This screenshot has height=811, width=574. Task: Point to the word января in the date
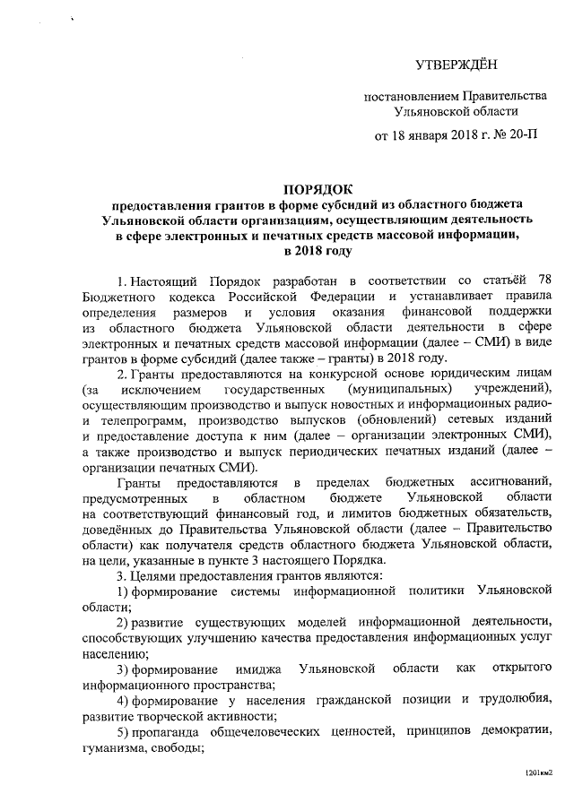coord(426,136)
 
